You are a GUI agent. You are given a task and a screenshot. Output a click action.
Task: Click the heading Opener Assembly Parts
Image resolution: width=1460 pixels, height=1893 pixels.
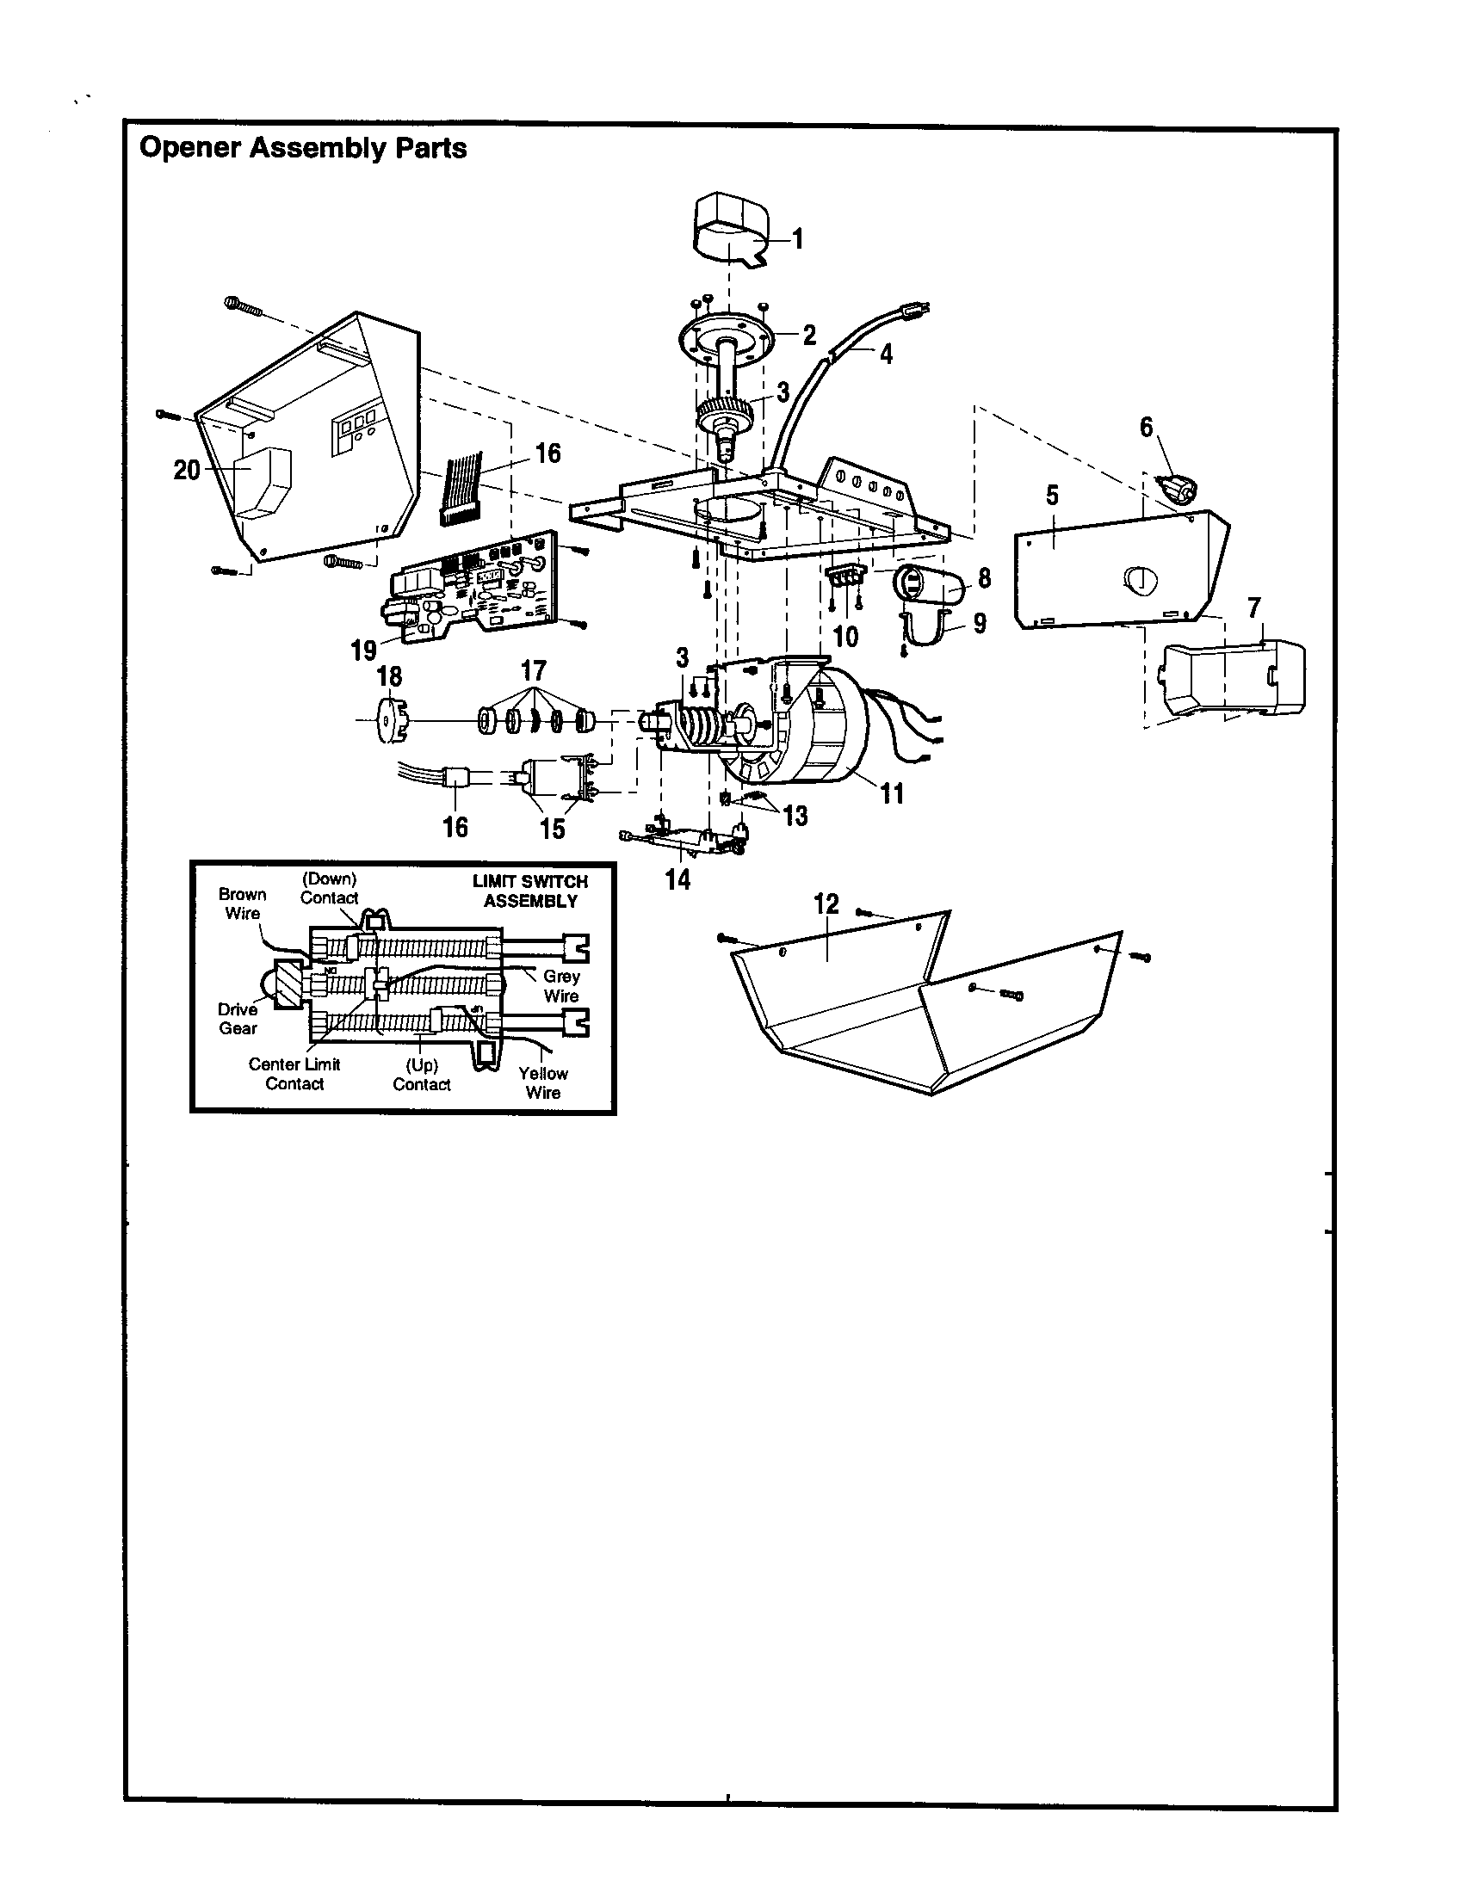coord(302,148)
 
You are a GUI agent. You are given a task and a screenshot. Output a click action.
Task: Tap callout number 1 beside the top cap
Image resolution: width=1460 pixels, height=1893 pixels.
coord(799,238)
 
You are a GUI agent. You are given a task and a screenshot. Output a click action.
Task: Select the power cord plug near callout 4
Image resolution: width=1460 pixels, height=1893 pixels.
coord(918,308)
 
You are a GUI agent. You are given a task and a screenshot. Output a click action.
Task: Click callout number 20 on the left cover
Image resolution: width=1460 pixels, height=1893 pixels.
coord(187,470)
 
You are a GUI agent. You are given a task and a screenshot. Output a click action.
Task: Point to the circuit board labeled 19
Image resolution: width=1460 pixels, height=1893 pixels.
coord(468,589)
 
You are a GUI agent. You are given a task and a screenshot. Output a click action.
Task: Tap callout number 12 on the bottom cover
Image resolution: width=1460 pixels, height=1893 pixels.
coord(826,904)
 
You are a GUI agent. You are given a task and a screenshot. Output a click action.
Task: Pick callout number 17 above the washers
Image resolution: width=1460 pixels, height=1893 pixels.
coord(534,670)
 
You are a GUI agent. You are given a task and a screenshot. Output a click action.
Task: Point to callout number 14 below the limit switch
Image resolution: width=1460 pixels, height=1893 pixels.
coord(677,879)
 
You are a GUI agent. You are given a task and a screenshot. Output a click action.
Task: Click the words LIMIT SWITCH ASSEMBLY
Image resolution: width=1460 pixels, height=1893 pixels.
coord(529,891)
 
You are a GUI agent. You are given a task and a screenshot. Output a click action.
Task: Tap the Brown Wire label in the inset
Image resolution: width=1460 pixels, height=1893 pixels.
coord(243,903)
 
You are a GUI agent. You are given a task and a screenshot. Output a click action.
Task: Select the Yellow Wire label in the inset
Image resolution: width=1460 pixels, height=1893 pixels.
coord(542,1082)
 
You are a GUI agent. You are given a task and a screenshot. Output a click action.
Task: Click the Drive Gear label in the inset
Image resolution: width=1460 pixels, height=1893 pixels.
coord(238,1019)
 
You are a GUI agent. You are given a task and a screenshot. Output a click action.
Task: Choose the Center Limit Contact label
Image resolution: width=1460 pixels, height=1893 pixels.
coord(294,1073)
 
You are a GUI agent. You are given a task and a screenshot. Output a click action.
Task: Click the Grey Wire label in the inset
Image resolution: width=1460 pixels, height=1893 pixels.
coord(561,985)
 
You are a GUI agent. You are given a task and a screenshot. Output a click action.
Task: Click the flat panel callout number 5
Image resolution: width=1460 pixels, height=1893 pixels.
coord(1052,495)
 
